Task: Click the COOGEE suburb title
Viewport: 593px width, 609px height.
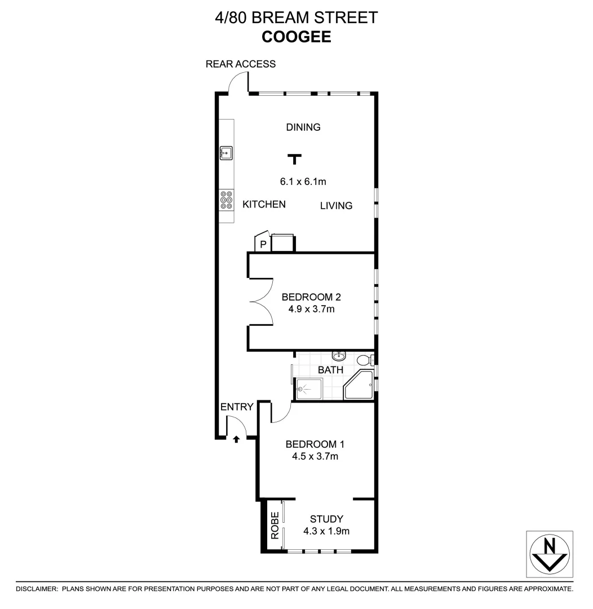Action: coord(296,37)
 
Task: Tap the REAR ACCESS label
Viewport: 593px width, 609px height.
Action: coord(241,64)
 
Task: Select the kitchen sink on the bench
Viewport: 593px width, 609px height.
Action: coord(227,152)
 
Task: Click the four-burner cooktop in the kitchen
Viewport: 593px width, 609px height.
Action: coord(227,200)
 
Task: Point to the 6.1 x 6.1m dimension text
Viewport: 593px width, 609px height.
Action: coord(303,182)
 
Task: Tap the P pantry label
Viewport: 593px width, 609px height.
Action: coord(263,245)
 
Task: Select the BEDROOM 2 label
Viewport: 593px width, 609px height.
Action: coord(311,297)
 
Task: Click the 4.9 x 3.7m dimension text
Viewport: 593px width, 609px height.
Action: coord(311,309)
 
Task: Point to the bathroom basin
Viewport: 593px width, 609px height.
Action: coord(339,356)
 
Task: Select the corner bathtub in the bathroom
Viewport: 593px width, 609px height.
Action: coord(359,385)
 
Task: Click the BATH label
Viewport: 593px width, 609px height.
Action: coord(330,370)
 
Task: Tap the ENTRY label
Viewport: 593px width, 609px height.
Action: coord(237,407)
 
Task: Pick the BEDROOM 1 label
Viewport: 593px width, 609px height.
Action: coord(315,444)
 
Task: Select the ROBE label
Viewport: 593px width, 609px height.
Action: coord(275,526)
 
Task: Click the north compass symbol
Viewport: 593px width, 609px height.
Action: coord(550,553)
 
